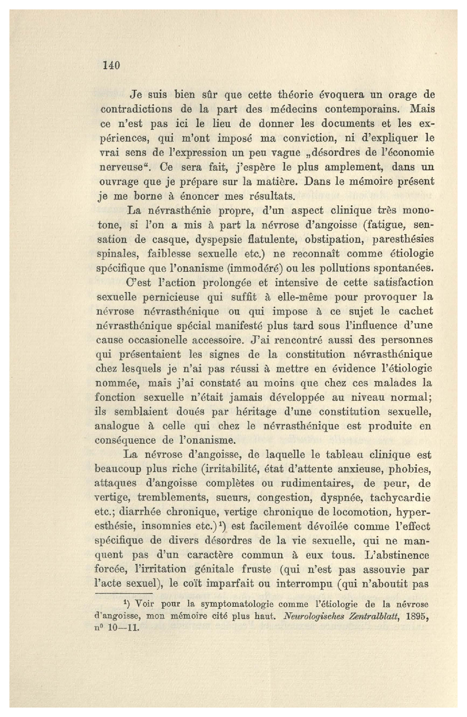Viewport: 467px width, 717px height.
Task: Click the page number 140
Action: (x=111, y=66)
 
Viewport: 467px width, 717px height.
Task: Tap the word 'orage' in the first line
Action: (x=402, y=95)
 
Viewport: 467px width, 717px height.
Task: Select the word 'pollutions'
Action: (x=342, y=268)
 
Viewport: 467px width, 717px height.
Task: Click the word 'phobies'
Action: (x=410, y=469)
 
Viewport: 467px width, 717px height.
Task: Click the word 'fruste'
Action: (x=256, y=570)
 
